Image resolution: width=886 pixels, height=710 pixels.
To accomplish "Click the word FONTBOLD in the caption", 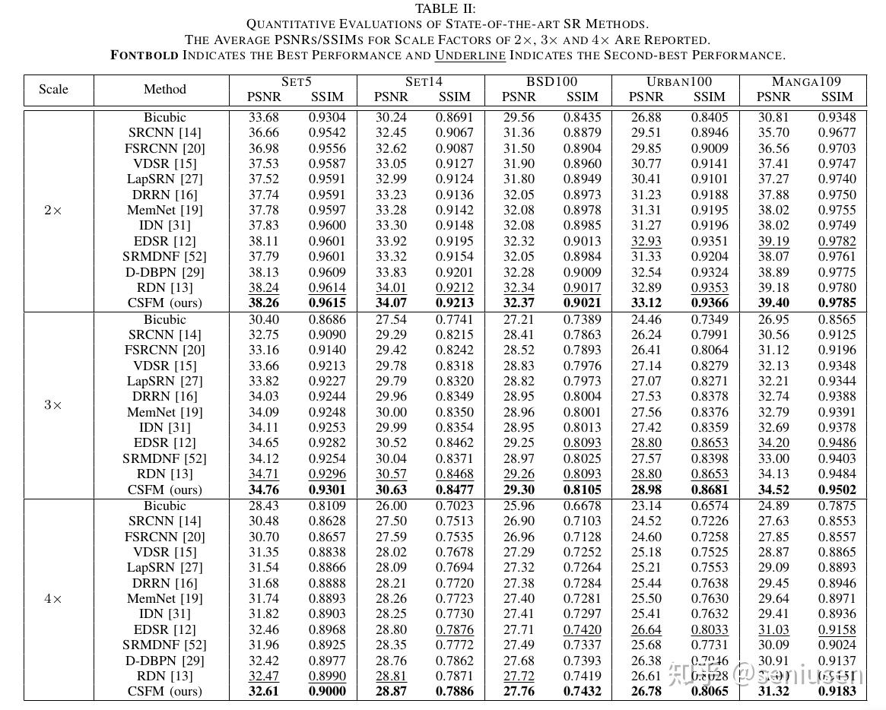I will [144, 55].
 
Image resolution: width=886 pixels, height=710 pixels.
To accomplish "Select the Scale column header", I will [53, 89].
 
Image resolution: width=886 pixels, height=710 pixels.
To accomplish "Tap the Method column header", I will [164, 89].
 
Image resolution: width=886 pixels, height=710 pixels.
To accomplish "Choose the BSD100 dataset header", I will [551, 81].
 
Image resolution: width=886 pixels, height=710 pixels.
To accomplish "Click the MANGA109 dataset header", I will [806, 81].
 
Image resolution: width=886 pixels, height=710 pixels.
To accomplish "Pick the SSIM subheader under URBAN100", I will [710, 97].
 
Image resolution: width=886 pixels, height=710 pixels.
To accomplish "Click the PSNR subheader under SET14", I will [391, 97].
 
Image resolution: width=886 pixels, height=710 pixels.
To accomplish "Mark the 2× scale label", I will [52, 210].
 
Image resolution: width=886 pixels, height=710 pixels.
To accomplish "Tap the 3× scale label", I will [52, 404].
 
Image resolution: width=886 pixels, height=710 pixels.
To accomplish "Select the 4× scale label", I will [52, 598].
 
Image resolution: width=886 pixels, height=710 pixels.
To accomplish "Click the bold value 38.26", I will [264, 303].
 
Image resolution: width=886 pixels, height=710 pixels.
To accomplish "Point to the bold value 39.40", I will [773, 303].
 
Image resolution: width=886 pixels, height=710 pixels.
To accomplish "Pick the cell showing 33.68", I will [264, 117].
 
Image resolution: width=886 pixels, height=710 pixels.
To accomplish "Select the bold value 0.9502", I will [837, 490].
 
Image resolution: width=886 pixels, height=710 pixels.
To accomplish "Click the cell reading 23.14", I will [646, 506].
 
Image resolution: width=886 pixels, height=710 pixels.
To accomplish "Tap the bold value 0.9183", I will [837, 691].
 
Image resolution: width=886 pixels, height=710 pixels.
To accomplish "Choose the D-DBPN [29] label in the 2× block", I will [165, 272].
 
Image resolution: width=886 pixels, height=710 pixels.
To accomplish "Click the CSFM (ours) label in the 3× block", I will [165, 490].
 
